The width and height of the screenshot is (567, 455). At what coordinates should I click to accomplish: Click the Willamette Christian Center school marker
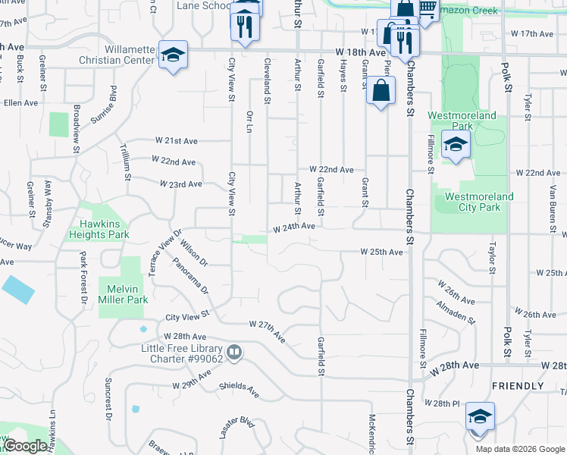[174, 55]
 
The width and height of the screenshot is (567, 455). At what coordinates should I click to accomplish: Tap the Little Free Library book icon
[234, 353]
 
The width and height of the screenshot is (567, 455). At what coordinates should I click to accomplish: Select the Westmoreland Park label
[462, 121]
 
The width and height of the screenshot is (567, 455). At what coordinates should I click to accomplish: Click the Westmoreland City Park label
[478, 202]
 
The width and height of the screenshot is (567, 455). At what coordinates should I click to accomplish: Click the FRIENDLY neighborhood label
[518, 386]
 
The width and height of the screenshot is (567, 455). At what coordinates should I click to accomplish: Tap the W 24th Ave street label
[294, 227]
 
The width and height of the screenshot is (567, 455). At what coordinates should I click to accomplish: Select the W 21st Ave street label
[177, 141]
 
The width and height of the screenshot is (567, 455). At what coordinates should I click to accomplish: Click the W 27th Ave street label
[267, 325]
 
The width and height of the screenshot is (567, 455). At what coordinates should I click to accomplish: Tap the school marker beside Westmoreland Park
[456, 145]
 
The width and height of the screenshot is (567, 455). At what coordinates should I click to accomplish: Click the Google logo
[25, 446]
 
